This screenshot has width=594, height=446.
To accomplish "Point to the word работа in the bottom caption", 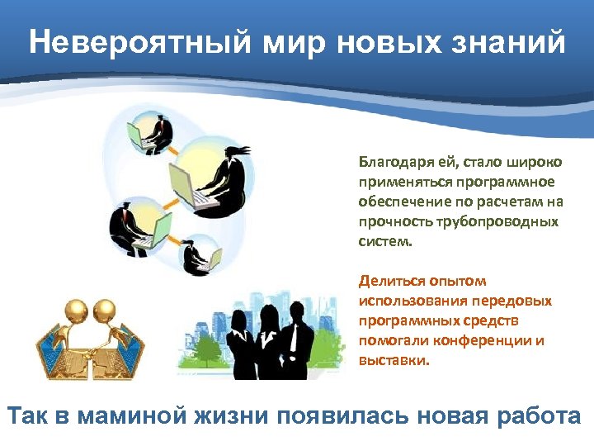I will (x=540, y=415).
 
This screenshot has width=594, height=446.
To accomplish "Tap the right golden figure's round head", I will (x=104, y=311).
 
